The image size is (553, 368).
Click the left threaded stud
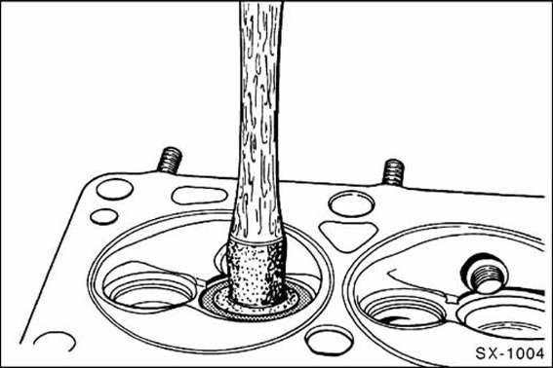point(170,161)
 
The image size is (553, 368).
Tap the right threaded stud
point(393,172)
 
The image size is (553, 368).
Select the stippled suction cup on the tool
point(257,273)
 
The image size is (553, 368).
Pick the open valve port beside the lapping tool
point(149,286)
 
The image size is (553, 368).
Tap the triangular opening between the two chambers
point(348,236)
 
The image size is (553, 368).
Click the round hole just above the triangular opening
point(351,204)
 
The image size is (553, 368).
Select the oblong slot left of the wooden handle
point(199,196)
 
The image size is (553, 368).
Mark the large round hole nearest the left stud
point(115,189)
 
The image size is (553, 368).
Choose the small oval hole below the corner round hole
point(104,216)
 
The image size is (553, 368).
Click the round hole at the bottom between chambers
point(329,340)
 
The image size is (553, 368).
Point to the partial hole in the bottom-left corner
point(55,341)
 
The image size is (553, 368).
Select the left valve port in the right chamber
point(402,310)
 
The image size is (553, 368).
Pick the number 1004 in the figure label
point(527,353)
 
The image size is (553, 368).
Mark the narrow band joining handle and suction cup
point(257,240)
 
